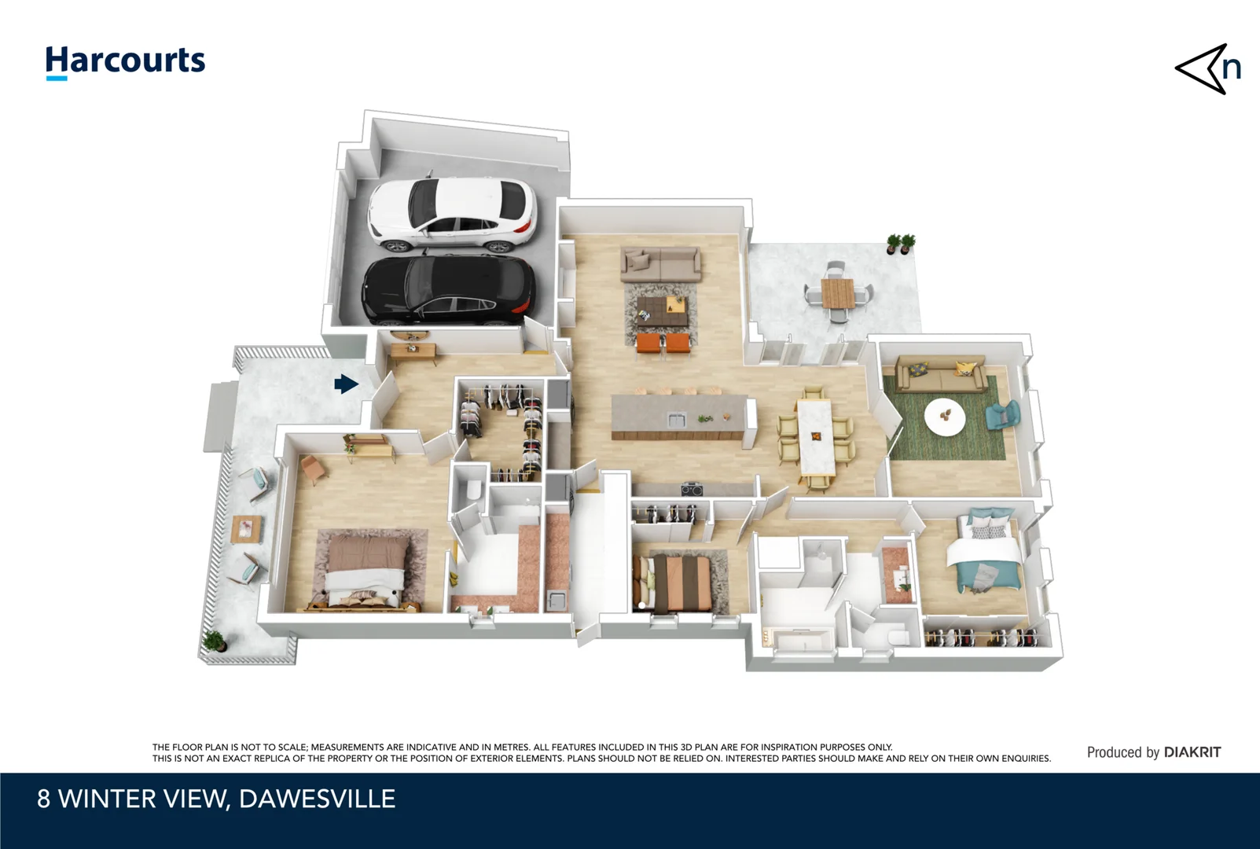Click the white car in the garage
(452, 215)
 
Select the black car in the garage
(448, 290)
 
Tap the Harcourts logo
(125, 63)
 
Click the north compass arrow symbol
(1200, 68)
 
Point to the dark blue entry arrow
(346, 385)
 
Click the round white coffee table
(945, 417)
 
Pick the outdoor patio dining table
(838, 292)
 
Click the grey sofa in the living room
(660, 264)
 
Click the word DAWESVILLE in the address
(318, 799)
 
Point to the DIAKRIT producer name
(1192, 752)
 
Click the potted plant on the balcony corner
(215, 641)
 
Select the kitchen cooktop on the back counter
(692, 489)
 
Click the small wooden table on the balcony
(246, 529)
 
